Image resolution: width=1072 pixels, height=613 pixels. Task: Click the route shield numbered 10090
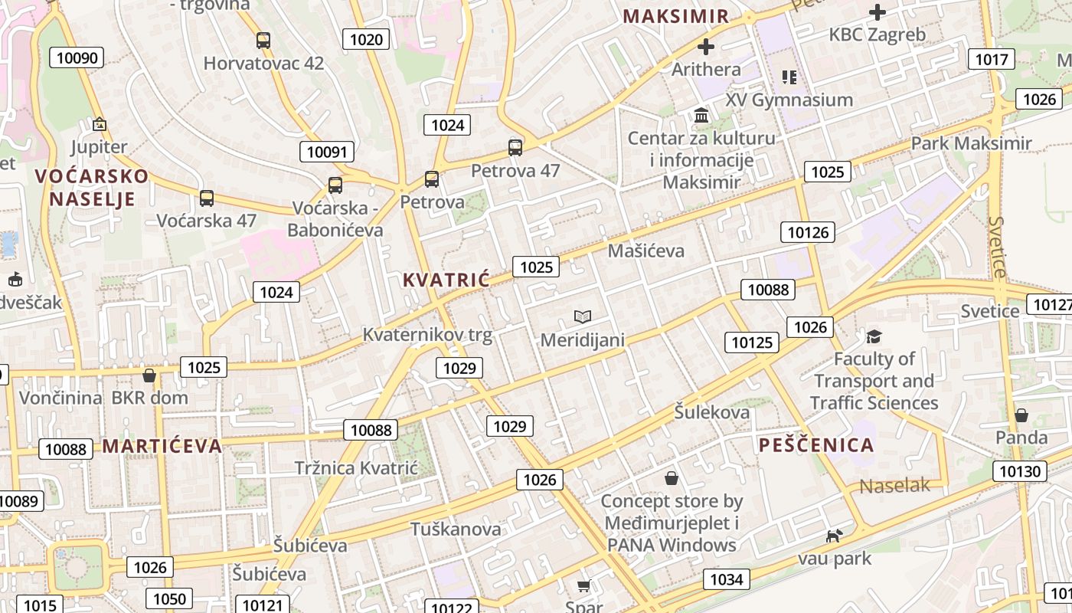point(77,57)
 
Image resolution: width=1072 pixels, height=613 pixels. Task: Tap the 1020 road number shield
point(366,39)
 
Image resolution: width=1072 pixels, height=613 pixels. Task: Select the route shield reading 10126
point(808,232)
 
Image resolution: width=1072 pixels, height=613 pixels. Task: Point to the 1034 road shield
point(726,579)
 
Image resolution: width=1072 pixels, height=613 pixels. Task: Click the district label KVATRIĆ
point(446,280)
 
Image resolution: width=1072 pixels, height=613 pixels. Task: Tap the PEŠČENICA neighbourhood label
point(816,445)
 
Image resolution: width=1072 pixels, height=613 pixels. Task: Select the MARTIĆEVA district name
point(162,446)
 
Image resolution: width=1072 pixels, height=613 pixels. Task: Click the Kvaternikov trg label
point(427,335)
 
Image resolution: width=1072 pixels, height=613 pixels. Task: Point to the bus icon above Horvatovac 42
point(263,41)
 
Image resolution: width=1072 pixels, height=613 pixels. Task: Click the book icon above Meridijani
point(583,316)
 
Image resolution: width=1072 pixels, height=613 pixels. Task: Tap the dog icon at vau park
point(834,536)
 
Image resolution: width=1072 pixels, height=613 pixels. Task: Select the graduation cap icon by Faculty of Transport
point(874,336)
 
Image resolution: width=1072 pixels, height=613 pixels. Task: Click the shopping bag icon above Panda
point(1021,415)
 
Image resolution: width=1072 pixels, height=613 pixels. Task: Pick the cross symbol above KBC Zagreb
point(878,12)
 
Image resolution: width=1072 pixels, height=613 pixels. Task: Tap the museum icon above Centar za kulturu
point(701,116)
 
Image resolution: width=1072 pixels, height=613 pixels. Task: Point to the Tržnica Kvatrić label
point(356,468)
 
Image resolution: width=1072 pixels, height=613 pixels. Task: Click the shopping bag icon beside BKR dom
point(149,375)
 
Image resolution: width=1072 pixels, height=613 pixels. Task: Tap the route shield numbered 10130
point(1021,470)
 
